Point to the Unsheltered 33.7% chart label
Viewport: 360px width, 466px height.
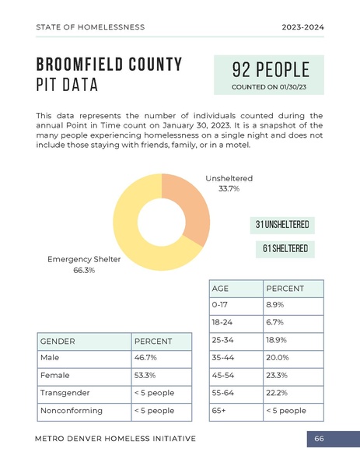click(x=229, y=184)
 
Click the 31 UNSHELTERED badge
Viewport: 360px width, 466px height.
click(x=282, y=226)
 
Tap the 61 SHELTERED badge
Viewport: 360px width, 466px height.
click(x=285, y=250)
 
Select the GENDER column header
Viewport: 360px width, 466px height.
click(x=58, y=342)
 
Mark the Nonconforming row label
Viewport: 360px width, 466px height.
click(x=70, y=410)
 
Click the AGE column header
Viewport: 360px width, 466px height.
click(x=221, y=289)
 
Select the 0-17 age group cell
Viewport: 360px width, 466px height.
click(x=222, y=305)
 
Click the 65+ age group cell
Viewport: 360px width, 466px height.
click(x=220, y=410)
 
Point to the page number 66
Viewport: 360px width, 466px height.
click(x=320, y=440)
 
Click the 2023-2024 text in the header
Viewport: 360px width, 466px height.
click(x=302, y=27)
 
